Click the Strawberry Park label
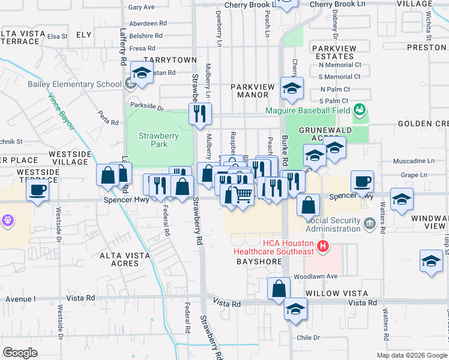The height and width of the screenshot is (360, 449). pos(158,140)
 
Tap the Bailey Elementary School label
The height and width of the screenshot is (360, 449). pos(74,84)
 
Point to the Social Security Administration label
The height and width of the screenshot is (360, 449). pos(333,224)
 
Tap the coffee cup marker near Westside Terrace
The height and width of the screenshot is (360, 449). pos(37,191)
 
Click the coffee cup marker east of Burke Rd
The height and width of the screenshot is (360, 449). pos(362,181)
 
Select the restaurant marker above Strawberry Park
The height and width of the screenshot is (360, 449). pos(200,113)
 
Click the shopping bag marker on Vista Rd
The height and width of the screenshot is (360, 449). pos(279,288)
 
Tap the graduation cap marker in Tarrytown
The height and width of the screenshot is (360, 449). pos(142,73)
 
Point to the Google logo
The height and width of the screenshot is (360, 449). pos(20,352)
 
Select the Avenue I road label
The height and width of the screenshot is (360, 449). pos(18,298)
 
